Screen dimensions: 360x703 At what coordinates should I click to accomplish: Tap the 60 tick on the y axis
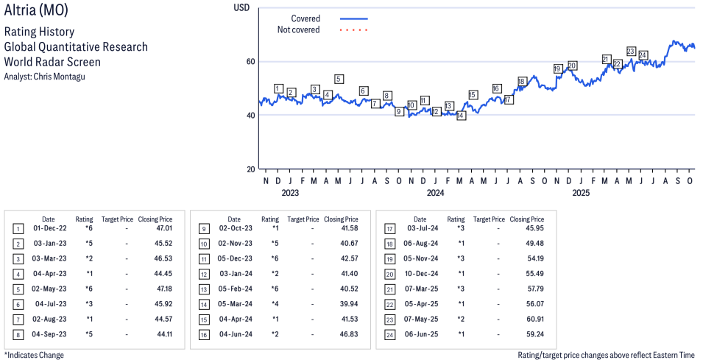click(x=252, y=61)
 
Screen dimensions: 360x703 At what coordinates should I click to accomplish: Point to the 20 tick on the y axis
click(x=252, y=169)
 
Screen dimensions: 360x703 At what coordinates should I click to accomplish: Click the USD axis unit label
click(x=241, y=7)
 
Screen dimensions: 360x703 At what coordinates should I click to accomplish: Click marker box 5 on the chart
click(x=339, y=79)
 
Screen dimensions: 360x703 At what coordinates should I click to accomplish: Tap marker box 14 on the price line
click(x=461, y=116)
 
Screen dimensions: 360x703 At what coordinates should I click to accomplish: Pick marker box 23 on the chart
click(x=631, y=51)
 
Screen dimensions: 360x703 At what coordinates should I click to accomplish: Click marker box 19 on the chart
click(x=557, y=68)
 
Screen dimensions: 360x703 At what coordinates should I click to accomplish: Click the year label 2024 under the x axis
click(x=435, y=194)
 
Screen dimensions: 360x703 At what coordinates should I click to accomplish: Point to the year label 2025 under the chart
click(x=581, y=194)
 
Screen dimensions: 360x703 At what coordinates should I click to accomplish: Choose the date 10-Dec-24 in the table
click(x=420, y=274)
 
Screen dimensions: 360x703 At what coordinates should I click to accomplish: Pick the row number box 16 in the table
click(x=204, y=334)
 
